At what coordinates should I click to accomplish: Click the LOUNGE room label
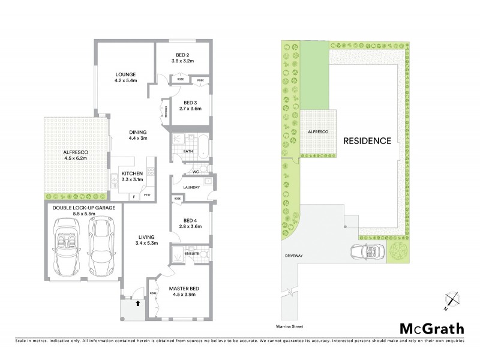127,74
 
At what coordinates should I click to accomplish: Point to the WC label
195,172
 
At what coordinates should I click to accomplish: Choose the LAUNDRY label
191,187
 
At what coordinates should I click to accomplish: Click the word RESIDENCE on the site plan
367,142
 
